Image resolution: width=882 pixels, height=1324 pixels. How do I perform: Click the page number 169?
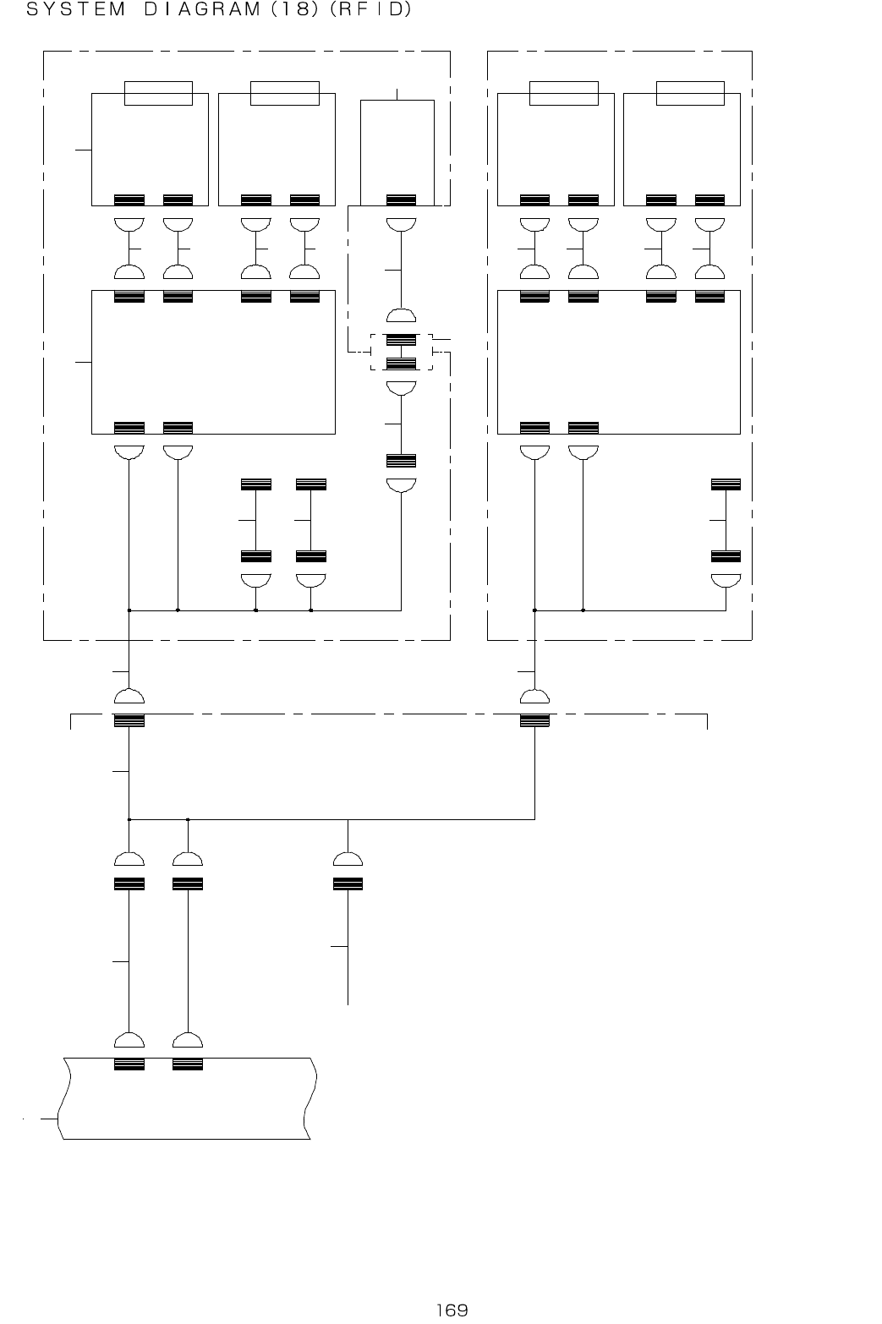pos(452,1310)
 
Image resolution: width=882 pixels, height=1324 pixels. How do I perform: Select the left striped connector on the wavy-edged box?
pos(129,1064)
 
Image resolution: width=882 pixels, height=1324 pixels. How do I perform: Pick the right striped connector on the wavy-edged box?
pos(187,1064)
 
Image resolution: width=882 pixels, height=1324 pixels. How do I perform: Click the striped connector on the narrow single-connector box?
pos(401,200)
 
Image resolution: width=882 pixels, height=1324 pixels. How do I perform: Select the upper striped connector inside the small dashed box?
pos(401,340)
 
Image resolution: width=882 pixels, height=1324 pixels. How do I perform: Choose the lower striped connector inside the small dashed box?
pos(401,364)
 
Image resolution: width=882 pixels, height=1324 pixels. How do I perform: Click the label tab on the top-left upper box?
pos(158,93)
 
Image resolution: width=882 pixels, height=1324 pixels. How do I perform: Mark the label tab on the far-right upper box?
pos(690,93)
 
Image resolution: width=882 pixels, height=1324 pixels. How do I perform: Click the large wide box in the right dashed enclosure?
pos(618,362)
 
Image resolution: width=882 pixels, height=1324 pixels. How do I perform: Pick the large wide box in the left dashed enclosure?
pos(213,362)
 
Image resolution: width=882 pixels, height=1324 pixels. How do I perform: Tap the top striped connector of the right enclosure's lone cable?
pos(726,484)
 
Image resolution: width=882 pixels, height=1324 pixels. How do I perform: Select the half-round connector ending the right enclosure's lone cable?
pos(726,581)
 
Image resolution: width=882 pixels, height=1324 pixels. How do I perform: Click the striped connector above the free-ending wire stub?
pos(348,884)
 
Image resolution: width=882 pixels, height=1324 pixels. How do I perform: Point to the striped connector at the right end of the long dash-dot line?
pos(534,720)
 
